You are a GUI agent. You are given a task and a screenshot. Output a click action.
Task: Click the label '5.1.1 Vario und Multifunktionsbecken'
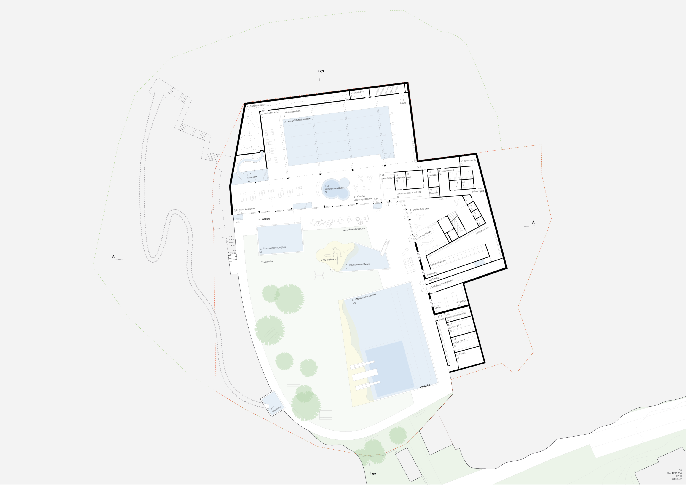tap(297, 120)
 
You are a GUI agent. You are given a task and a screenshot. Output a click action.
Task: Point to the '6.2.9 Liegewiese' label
tap(267, 262)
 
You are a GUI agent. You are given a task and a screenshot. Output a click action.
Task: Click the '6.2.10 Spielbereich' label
tap(328, 260)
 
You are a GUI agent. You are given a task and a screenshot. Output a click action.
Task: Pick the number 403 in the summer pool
tap(354, 303)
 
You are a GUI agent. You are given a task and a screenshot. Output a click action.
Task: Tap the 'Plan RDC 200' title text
tap(674, 473)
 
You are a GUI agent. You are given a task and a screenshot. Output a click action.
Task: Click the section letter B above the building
tap(322, 72)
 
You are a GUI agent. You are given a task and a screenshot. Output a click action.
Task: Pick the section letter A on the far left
tap(113, 256)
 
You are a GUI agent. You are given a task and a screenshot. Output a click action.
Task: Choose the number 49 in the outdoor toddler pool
tap(347, 268)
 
